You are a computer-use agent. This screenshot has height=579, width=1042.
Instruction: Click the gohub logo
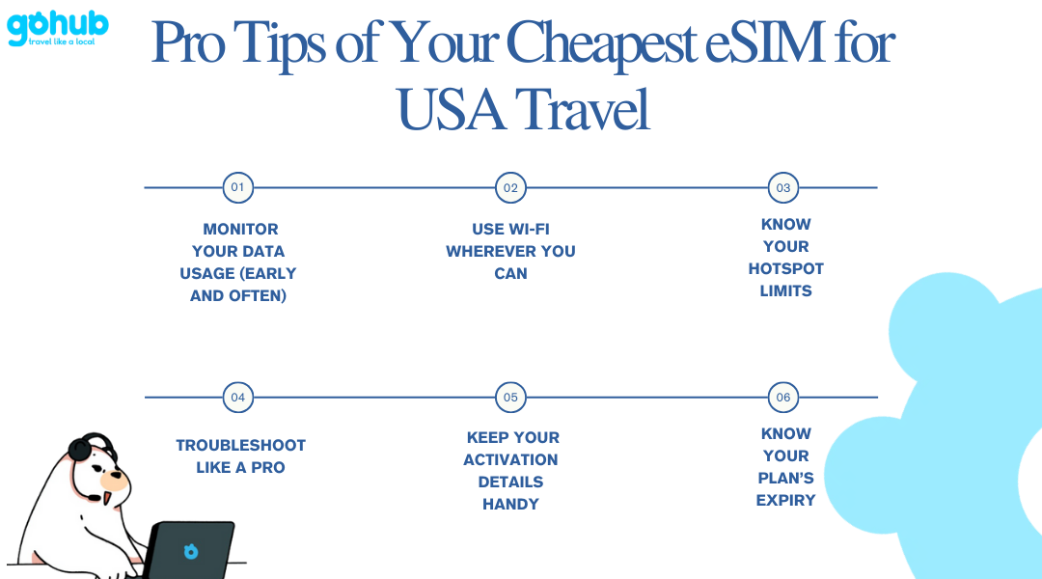(58, 28)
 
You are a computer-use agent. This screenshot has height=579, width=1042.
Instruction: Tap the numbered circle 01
(238, 187)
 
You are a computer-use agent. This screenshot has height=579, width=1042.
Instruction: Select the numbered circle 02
(510, 187)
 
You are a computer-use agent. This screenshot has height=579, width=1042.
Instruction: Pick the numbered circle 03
(783, 187)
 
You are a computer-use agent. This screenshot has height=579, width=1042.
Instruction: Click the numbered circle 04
(238, 398)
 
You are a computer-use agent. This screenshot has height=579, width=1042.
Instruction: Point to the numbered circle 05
(510, 398)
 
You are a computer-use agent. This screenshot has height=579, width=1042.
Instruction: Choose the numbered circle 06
(783, 398)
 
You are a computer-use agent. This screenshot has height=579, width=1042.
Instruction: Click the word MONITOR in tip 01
(240, 230)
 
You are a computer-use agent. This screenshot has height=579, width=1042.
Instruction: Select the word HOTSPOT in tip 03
(786, 268)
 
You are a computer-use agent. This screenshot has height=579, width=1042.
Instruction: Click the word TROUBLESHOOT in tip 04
(240, 446)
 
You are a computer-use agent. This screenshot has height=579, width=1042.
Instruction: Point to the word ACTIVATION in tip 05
(510, 460)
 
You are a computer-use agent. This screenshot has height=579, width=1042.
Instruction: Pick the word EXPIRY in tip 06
(785, 501)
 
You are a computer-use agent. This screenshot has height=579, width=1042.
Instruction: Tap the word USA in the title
(450, 110)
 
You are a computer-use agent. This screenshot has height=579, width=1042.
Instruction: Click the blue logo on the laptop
(191, 551)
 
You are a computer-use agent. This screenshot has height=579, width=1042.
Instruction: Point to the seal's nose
(118, 476)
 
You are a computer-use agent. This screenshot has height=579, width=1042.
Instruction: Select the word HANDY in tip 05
(510, 505)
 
